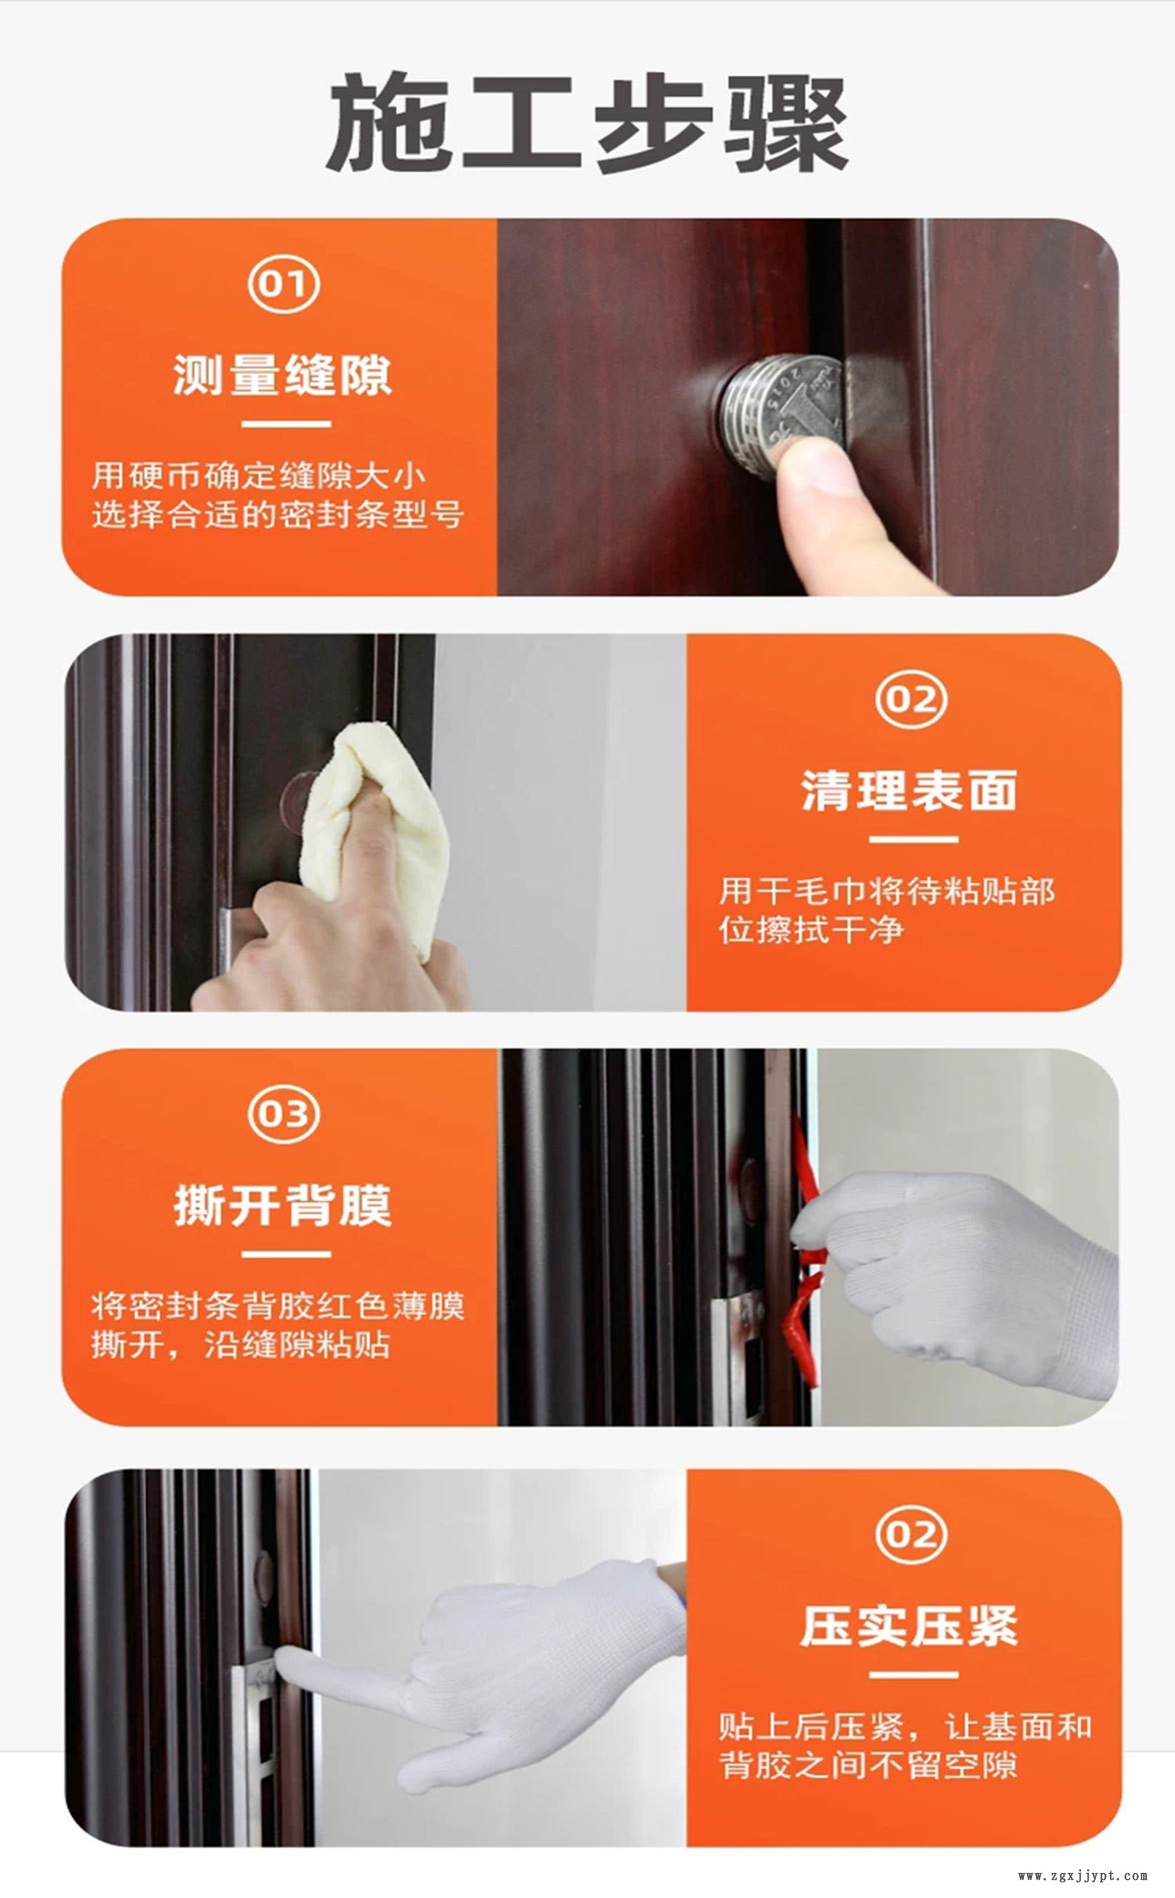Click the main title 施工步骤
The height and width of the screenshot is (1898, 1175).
[x=587, y=125]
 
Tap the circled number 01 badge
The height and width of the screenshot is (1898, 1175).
[x=284, y=285]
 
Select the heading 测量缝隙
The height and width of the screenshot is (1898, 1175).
[x=283, y=375]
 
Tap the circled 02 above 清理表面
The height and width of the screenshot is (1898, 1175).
[x=910, y=699]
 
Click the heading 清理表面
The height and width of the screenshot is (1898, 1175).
[x=908, y=791]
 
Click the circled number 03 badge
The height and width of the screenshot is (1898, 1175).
[x=284, y=1114]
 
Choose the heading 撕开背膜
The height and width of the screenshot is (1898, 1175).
[x=283, y=1205]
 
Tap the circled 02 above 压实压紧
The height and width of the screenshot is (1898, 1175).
[x=910, y=1534]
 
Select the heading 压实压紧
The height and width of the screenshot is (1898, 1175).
[x=908, y=1626]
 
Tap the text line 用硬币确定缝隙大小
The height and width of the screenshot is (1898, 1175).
[x=259, y=474]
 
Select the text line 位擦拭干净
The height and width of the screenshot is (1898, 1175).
[x=811, y=930]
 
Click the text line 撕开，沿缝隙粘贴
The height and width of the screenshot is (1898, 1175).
[x=241, y=1345]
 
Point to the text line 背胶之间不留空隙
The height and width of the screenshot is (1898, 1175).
[x=868, y=1765]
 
